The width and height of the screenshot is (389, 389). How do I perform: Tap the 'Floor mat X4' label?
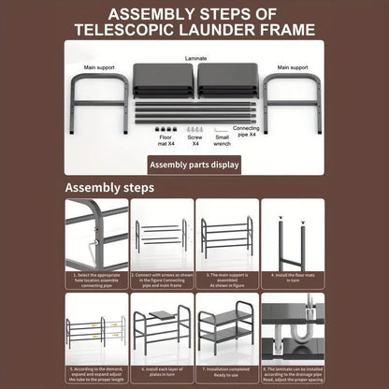click(x=165, y=141)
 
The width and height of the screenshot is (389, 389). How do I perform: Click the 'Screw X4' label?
click(x=195, y=141)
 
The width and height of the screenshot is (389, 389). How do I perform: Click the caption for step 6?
click(x=162, y=370)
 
